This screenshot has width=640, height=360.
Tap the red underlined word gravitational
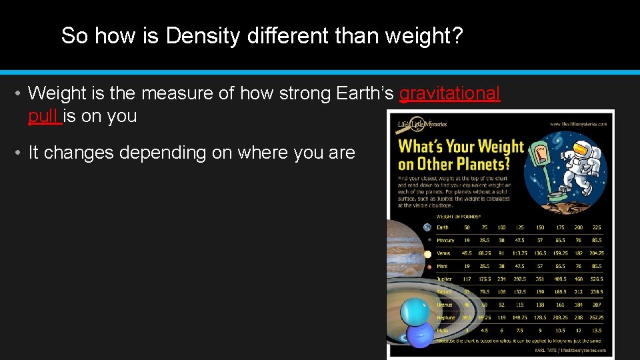click(449, 94)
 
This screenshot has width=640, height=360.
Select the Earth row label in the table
click(443, 227)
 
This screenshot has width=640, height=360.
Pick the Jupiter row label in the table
click(445, 279)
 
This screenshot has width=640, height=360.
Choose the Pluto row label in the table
click(443, 330)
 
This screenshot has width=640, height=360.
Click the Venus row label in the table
click(443, 253)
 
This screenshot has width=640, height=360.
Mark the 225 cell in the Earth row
click(597, 227)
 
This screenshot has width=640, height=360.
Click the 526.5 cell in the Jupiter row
click(597, 279)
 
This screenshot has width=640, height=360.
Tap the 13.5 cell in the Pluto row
click(597, 330)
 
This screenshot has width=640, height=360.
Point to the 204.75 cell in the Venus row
click(597, 253)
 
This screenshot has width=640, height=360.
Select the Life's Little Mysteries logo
click(423, 125)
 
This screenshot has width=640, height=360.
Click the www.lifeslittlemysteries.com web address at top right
click(577, 124)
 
